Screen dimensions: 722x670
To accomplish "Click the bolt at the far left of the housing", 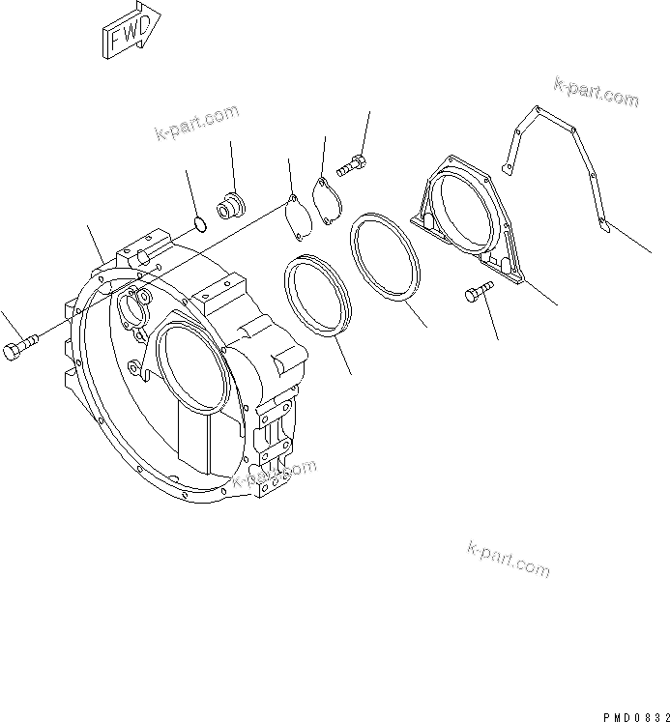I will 20,346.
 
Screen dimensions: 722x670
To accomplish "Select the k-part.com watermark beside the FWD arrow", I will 196,123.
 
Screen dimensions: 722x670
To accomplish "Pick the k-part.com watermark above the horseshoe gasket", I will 596,93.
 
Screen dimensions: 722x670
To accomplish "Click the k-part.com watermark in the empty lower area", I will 508,558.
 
